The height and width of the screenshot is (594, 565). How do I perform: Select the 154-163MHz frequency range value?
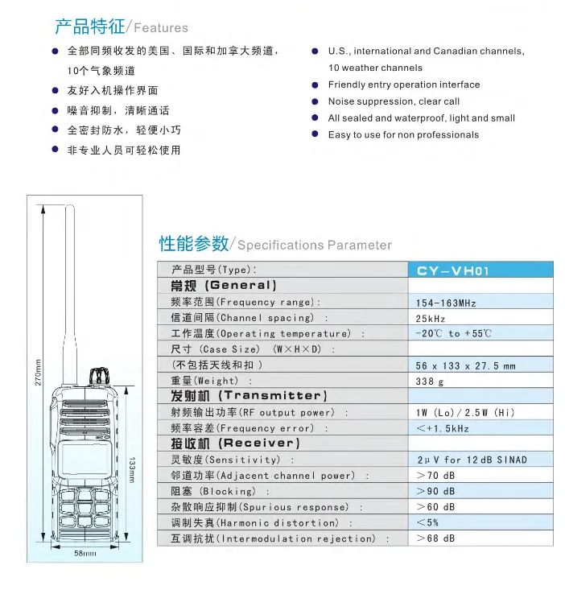[446, 303]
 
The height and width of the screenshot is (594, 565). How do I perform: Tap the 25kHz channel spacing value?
[431, 318]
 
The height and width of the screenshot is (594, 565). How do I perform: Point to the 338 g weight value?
[430, 381]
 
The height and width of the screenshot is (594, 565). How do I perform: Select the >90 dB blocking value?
[435, 491]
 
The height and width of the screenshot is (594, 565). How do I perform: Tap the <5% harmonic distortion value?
[427, 522]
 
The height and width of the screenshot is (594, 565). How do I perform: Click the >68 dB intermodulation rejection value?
[435, 538]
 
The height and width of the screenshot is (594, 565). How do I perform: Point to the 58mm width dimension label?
[85, 554]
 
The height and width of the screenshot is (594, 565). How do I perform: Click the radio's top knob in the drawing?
[98, 376]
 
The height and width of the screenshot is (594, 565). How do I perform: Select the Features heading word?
[161, 29]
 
